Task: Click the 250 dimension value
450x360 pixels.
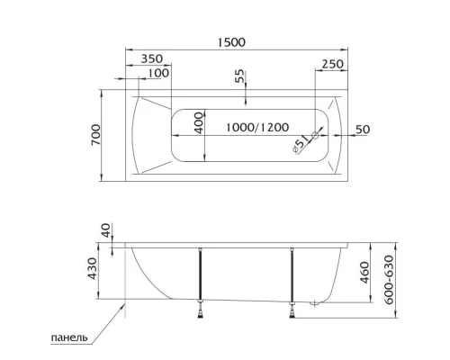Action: coord(331,64)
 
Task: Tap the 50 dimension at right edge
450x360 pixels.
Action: coord(362,129)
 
